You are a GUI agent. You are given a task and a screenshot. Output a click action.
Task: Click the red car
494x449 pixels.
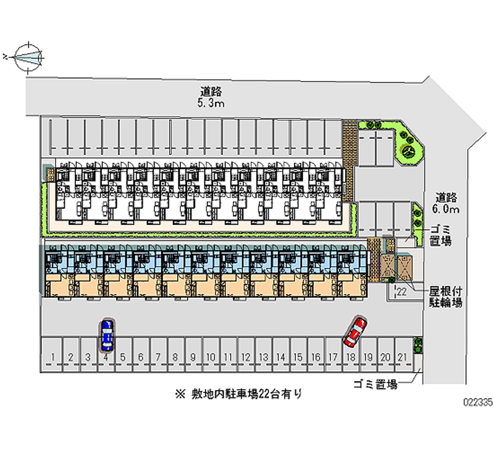(x=355, y=331)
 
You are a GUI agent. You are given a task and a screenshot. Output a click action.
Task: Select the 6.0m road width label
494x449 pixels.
(x=447, y=209)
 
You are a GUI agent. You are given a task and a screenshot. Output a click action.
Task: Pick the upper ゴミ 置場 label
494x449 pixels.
(x=441, y=235)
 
